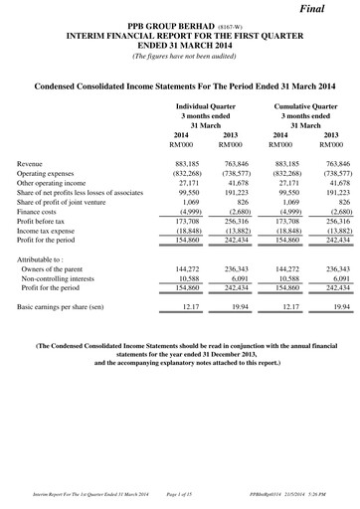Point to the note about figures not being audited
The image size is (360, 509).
(179, 56)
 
